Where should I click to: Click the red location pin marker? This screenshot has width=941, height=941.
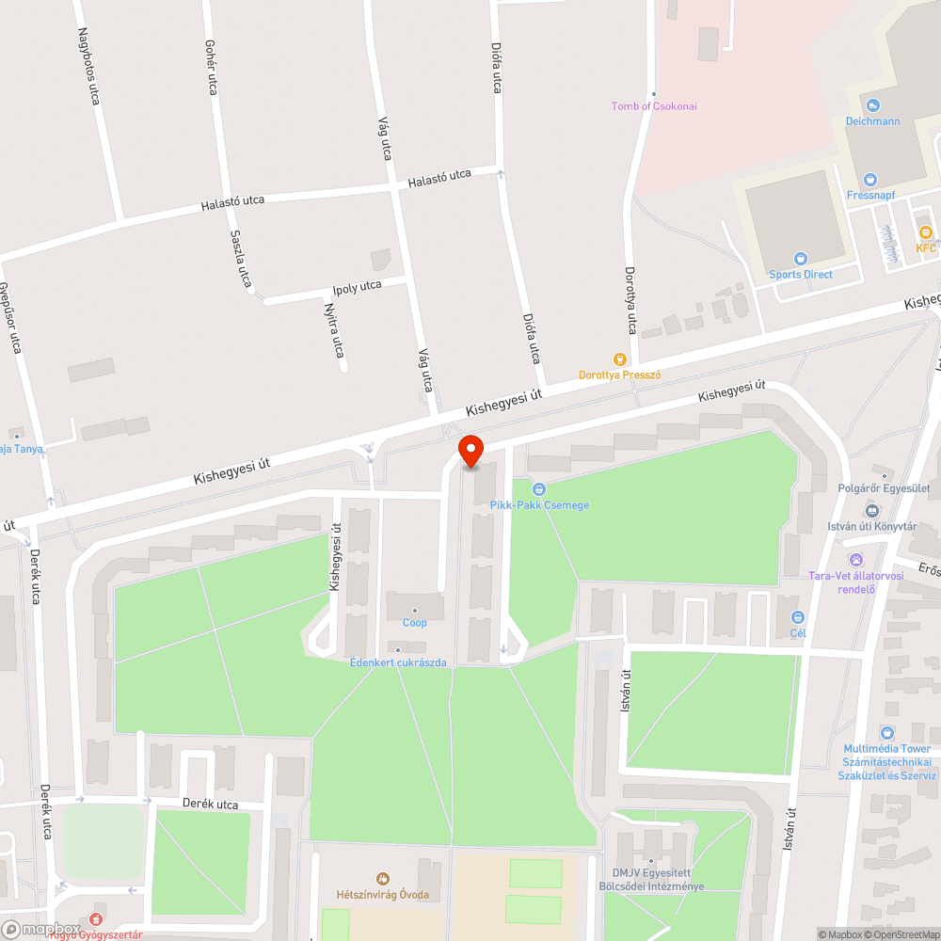point(470,451)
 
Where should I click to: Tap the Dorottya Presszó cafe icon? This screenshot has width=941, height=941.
point(619,359)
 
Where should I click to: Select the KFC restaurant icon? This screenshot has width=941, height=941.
point(926,232)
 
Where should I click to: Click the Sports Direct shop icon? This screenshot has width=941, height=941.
point(801,259)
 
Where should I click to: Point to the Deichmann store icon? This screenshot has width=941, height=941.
point(872,105)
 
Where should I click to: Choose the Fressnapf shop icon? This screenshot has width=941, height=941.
point(870,179)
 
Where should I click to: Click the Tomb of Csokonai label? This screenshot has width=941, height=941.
point(654,106)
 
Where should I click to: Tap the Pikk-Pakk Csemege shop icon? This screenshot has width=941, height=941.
point(539,488)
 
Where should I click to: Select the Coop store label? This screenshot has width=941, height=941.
point(415,623)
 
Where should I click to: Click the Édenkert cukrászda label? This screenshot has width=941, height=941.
point(398,662)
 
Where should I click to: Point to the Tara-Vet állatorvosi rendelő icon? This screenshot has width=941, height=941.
point(856,560)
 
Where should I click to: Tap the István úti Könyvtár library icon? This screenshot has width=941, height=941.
point(871,511)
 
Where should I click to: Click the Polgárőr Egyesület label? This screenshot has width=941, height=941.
point(884,488)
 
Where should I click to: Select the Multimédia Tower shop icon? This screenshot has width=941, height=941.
point(886,733)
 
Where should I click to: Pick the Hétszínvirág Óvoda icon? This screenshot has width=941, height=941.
point(382,878)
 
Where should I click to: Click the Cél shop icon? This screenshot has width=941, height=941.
point(798,617)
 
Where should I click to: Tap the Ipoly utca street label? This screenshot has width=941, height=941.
point(358,286)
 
